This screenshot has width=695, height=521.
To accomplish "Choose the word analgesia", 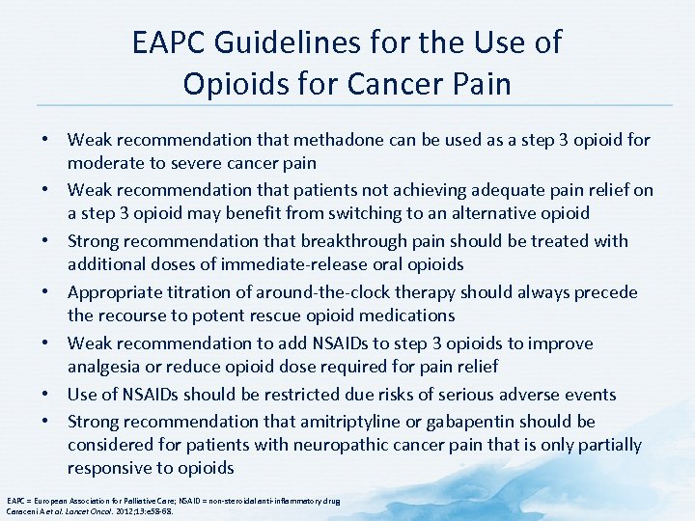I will pos(106,367).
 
